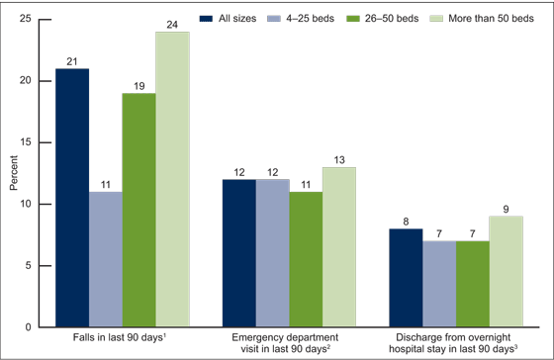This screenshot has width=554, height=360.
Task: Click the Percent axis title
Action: tap(13, 173)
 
